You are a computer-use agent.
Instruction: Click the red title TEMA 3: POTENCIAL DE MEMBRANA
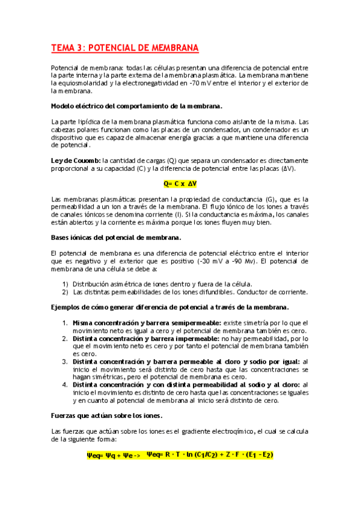click(x=124, y=48)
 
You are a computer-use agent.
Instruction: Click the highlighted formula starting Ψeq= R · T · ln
click(x=210, y=455)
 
